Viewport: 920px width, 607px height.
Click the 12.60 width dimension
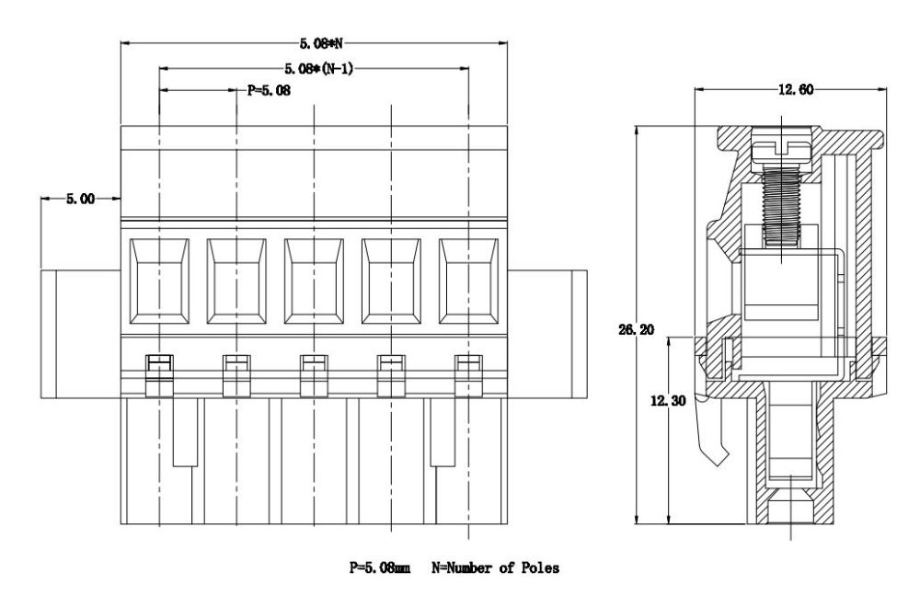(x=792, y=88)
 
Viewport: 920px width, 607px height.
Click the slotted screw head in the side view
(x=780, y=145)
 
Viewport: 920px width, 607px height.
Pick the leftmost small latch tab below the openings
(x=159, y=369)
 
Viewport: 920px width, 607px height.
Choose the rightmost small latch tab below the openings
(x=469, y=369)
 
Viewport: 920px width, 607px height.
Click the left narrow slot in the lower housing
(x=184, y=432)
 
